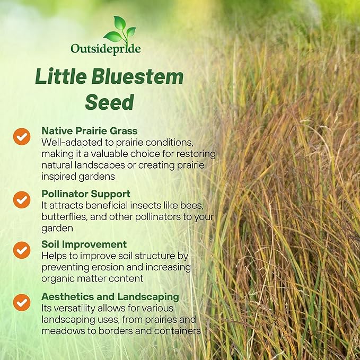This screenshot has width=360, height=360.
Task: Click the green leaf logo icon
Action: [120, 29]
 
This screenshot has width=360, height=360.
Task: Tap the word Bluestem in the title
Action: [144, 77]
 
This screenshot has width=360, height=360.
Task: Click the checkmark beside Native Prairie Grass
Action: [22, 136]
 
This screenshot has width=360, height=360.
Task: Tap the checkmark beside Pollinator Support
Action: [22, 199]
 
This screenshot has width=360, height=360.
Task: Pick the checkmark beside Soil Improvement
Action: [22, 250]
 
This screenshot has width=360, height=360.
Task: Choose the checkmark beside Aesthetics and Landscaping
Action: [22, 302]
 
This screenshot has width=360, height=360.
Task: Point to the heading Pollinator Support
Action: [86, 194]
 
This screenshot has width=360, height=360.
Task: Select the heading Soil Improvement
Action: [84, 244]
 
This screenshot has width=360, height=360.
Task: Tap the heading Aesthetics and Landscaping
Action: [110, 296]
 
